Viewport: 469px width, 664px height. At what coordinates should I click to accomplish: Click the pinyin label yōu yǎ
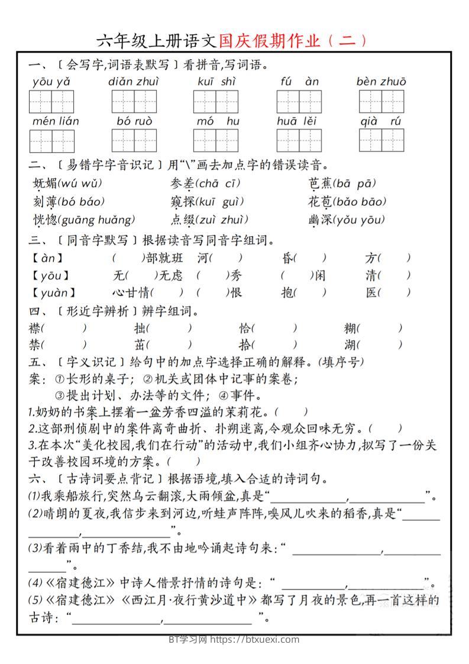(x=51, y=82)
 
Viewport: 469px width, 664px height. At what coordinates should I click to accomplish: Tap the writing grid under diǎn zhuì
(x=134, y=102)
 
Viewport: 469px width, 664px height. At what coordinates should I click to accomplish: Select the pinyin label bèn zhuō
(x=381, y=82)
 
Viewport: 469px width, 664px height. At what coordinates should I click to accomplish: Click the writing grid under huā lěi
(x=299, y=140)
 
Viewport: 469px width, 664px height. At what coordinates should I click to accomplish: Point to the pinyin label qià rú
(x=381, y=121)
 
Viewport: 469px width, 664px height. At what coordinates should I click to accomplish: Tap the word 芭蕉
(x=319, y=183)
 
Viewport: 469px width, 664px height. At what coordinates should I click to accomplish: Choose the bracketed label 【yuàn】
(x=54, y=292)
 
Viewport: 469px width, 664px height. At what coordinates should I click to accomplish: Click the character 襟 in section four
(x=34, y=328)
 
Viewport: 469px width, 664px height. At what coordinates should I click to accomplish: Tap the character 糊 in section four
(x=351, y=328)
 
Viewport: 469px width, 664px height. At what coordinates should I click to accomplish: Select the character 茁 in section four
(x=140, y=344)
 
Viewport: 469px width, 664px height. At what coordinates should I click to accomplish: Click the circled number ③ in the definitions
(x=60, y=395)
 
